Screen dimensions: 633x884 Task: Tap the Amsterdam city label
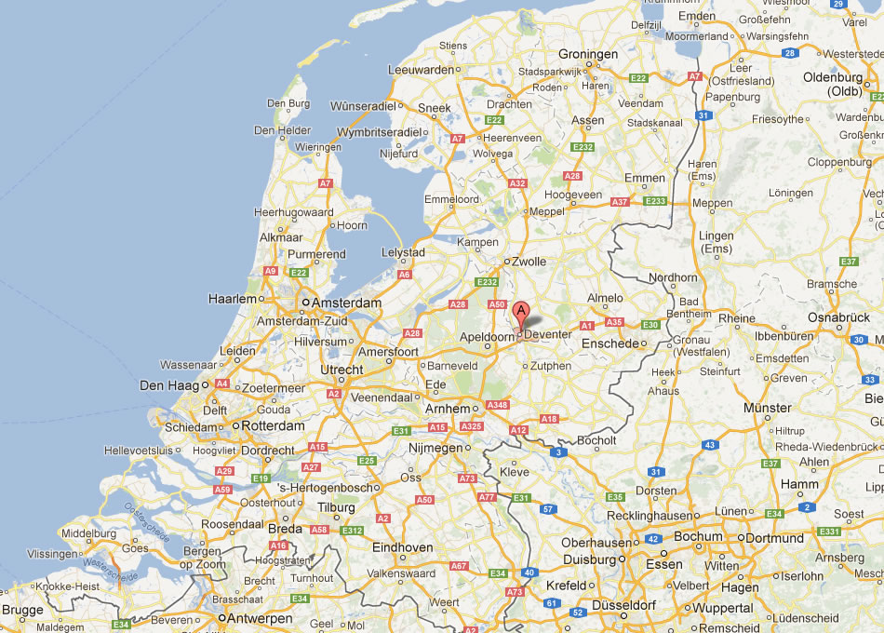347,303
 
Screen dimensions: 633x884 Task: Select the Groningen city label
587,55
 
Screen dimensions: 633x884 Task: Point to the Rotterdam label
274,425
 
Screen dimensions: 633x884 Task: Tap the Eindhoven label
402,547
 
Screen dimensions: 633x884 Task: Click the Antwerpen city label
261,617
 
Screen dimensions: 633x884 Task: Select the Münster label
767,408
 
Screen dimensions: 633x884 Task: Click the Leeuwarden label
422,70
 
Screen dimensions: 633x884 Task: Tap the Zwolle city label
529,263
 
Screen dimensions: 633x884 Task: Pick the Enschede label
609,343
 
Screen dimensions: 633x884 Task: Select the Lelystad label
403,253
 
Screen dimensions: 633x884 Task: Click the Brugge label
22,611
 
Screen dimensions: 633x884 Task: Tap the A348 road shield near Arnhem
498,405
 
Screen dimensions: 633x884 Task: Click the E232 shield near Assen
583,147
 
